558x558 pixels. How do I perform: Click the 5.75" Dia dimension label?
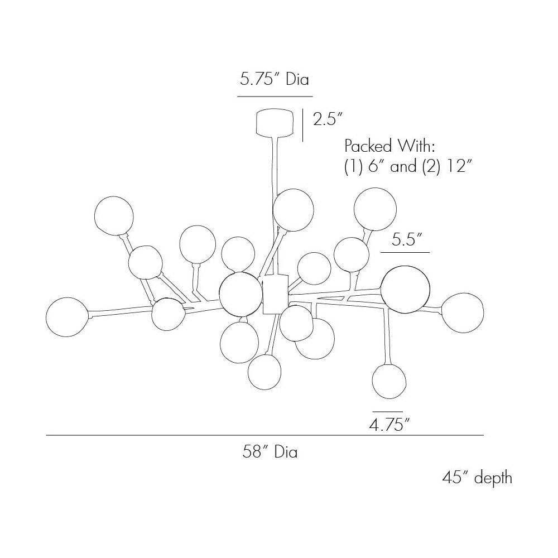click(274, 79)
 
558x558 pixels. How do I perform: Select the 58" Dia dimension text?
click(270, 453)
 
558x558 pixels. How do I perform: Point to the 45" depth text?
click(477, 478)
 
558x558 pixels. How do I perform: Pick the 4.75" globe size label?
click(389, 425)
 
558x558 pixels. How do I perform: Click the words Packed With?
click(390, 146)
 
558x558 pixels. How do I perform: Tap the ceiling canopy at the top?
click(275, 123)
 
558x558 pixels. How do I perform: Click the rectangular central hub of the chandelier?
click(275, 294)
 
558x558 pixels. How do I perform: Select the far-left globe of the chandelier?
click(68, 317)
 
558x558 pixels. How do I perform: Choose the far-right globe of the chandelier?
click(463, 313)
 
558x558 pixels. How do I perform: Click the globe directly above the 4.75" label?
click(389, 380)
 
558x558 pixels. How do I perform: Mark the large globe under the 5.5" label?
click(405, 289)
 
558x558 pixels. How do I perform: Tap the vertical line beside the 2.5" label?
click(302, 125)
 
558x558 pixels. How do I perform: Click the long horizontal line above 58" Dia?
click(264, 435)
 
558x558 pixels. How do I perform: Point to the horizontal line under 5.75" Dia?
click(275, 97)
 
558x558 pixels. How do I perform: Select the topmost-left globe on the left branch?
click(113, 215)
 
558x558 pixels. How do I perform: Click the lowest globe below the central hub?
click(264, 373)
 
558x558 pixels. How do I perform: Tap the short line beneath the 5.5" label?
click(405, 252)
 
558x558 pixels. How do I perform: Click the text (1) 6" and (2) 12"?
click(408, 166)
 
